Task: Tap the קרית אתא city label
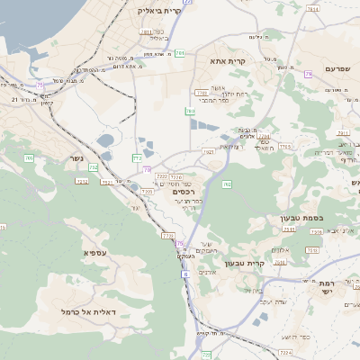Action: pos(229,60)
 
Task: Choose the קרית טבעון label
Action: pos(242,263)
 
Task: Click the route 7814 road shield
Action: pos(312,9)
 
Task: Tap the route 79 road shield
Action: pos(308,73)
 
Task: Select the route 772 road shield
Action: pos(137,157)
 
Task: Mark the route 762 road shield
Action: pos(227,184)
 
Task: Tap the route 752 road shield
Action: pos(94,168)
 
